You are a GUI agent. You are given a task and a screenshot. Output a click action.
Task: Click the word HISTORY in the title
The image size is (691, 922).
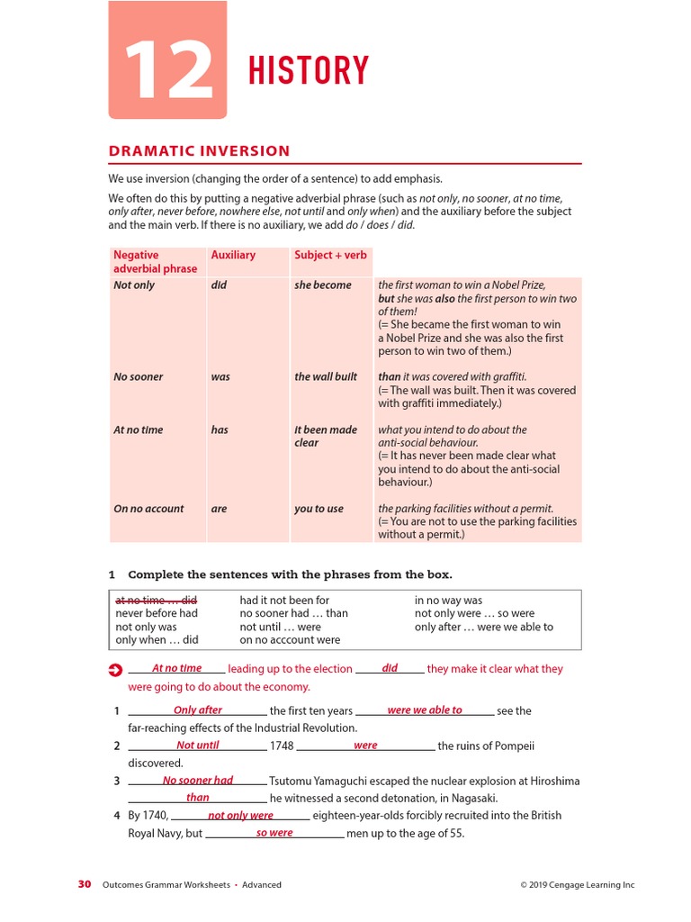coord(308,71)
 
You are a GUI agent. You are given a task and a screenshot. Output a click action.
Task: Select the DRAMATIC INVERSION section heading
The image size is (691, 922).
coord(199,151)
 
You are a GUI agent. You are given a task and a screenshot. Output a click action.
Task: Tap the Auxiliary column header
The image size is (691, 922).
coord(233,256)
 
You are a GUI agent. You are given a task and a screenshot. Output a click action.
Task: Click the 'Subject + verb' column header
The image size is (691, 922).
coord(330,256)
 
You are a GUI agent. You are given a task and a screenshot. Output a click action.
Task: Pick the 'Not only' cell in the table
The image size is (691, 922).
coord(134,285)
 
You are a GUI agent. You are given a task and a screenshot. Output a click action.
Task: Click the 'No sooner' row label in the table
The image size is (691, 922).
coord(139,377)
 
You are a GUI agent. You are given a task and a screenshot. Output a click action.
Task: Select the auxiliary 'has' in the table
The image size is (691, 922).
coord(220,430)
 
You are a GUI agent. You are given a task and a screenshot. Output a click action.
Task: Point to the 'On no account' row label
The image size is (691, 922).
coord(148,509)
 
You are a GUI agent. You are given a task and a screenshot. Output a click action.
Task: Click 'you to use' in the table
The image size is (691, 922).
coord(319,509)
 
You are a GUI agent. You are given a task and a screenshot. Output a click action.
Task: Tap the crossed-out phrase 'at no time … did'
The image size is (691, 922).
coord(156,600)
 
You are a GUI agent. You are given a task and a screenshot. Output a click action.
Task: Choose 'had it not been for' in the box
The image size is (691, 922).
coord(284,600)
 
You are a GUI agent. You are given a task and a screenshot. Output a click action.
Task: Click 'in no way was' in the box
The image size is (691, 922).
coord(448,600)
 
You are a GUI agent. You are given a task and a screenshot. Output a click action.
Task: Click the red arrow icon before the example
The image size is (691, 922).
coord(114,670)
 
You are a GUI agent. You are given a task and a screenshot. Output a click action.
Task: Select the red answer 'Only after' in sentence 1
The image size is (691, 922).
coord(198,710)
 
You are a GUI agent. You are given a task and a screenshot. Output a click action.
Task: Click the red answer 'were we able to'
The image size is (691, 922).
coord(424,710)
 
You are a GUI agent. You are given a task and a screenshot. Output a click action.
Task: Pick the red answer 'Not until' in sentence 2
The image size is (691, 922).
coord(198,746)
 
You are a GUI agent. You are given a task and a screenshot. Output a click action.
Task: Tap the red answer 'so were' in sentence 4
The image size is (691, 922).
coord(274,833)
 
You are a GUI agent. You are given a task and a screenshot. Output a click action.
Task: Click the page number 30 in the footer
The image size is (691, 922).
coord(85,884)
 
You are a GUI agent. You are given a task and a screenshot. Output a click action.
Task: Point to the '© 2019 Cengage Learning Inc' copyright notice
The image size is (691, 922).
coord(577,885)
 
